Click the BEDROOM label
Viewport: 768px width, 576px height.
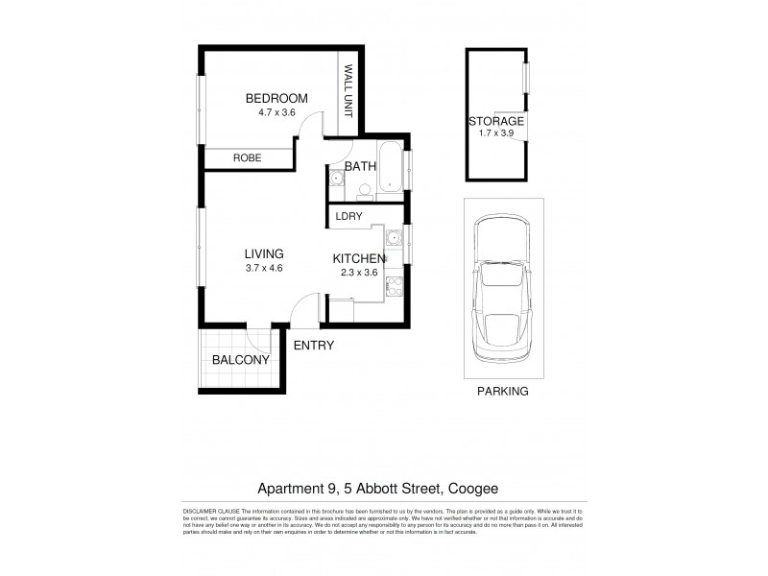click(276, 98)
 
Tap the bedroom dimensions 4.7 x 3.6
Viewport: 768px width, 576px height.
click(276, 112)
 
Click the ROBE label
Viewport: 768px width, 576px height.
click(247, 159)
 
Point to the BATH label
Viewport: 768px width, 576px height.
click(360, 166)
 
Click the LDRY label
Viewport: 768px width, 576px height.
click(348, 217)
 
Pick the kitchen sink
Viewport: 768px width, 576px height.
click(393, 238)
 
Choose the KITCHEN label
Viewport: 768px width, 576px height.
click(358, 259)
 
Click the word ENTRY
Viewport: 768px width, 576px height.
click(313, 346)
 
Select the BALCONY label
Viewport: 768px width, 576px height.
click(241, 359)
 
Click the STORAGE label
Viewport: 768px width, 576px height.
click(495, 121)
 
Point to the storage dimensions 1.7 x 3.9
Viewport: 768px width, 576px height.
click(495, 135)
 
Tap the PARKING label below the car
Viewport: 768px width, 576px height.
click(502, 392)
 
